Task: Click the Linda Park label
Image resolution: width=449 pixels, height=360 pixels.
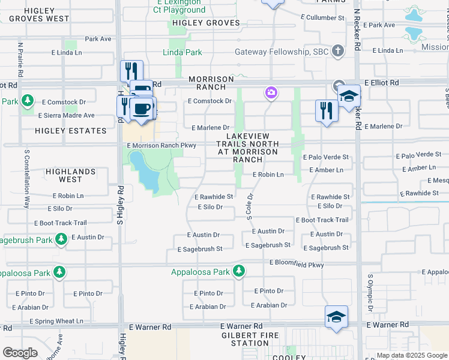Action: (182, 53)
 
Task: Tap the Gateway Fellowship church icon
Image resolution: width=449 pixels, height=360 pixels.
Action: (338, 51)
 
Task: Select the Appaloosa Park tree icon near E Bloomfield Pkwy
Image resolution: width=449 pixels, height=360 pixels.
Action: (239, 271)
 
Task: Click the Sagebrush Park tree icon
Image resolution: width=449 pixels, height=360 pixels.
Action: (61, 239)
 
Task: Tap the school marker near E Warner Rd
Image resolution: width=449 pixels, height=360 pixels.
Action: (336, 316)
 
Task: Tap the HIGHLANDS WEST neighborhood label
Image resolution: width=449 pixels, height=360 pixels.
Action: (70, 175)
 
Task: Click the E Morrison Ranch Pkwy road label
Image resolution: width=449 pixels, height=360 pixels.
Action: (161, 145)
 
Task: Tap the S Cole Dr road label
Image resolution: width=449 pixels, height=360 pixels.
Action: (250, 206)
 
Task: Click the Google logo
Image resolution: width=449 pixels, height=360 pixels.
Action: (20, 352)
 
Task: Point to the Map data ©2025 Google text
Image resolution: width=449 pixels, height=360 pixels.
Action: (411, 355)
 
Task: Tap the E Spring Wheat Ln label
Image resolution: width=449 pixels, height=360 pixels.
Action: (56, 321)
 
